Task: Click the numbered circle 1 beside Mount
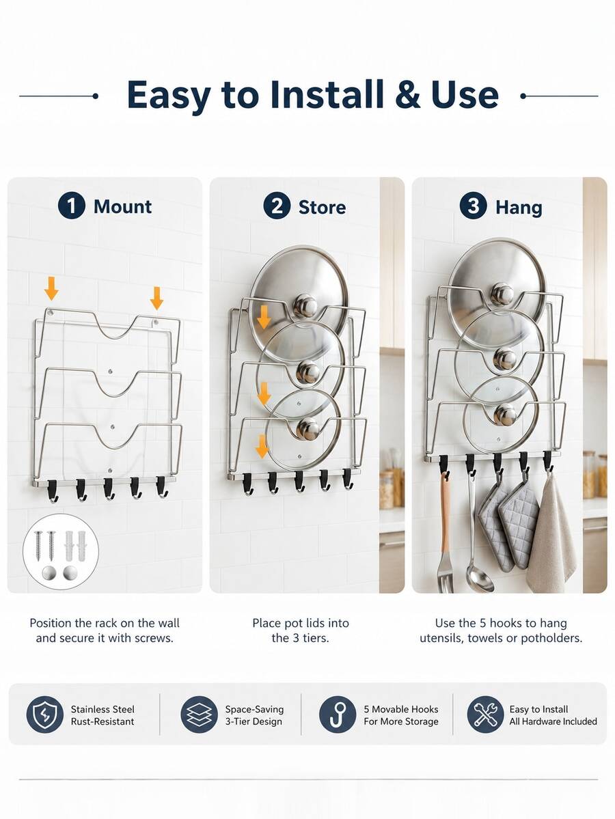(x=71, y=206)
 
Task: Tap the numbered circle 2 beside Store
(x=277, y=206)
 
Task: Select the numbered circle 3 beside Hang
(x=473, y=206)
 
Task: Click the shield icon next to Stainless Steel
(x=45, y=714)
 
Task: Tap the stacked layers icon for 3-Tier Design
(x=199, y=714)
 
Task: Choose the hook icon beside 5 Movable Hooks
(x=338, y=714)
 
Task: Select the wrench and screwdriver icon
(x=485, y=714)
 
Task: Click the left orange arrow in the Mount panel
(x=51, y=288)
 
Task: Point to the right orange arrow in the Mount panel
(x=156, y=298)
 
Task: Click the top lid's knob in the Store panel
(x=305, y=305)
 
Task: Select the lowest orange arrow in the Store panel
(x=262, y=447)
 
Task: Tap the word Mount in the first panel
(x=123, y=206)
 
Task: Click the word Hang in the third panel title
(x=519, y=208)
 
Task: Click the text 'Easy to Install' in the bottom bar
(x=538, y=709)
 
